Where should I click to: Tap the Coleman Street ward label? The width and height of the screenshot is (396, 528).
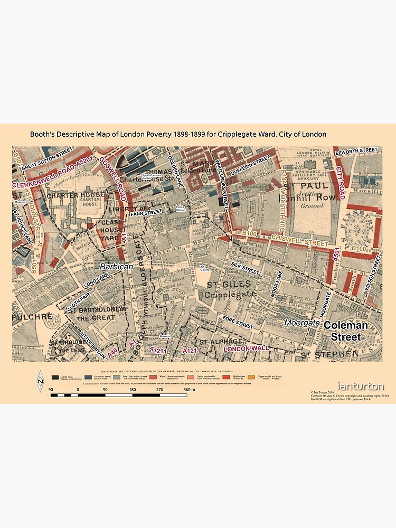point(342,331)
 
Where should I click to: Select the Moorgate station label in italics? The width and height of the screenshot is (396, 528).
point(302,322)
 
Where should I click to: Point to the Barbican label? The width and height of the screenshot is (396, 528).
point(117,267)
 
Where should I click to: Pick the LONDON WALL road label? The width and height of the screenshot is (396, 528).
point(247,348)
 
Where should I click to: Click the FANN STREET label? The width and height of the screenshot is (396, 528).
point(146,212)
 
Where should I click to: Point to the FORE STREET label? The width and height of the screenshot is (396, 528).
point(238,322)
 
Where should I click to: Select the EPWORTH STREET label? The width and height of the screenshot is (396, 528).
point(360,150)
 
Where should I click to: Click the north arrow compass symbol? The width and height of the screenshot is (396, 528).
point(40,381)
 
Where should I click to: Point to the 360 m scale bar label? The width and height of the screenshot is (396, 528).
point(188,390)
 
